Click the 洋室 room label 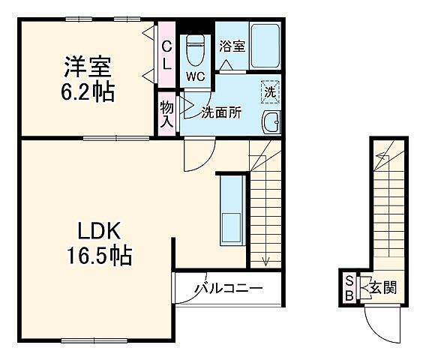point(86,67)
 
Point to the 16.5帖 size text point(96,257)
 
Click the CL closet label point(166,54)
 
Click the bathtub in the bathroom point(265,46)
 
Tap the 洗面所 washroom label point(221,112)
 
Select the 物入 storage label point(166,113)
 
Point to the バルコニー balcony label point(229,287)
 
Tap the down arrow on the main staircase point(265,259)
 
